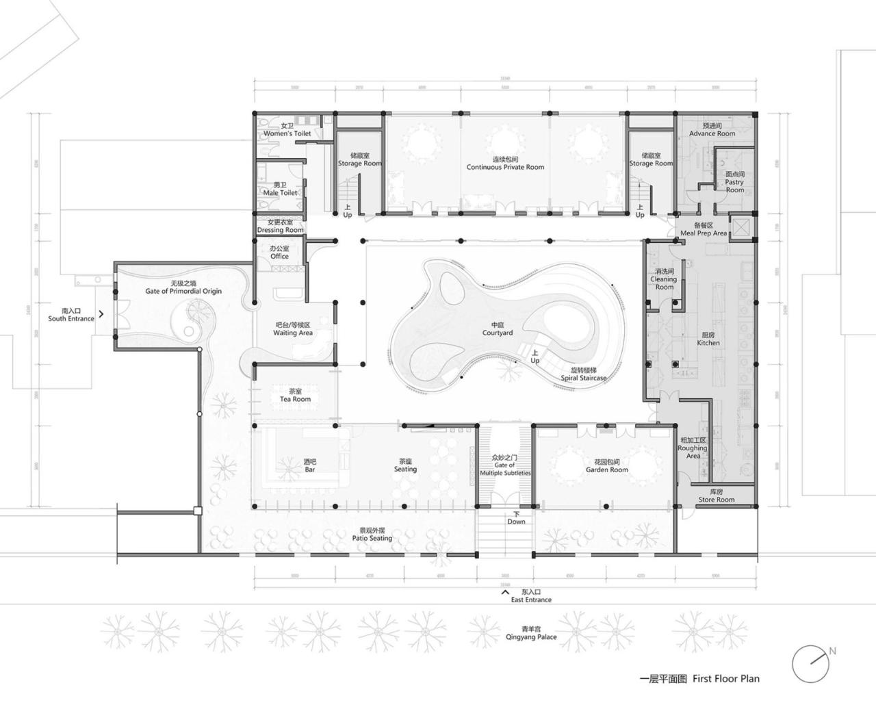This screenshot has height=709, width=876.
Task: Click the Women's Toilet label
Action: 287,130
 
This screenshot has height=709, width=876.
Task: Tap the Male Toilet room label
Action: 280,189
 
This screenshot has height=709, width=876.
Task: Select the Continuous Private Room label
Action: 505,164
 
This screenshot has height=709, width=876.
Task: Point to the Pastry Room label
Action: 734,182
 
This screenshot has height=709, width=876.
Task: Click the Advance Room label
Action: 712,130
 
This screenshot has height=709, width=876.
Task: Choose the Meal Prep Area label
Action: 703,229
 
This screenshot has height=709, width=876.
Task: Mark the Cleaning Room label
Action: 663,279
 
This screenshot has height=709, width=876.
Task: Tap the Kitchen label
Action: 708,339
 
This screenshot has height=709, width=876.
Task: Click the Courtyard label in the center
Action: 497,329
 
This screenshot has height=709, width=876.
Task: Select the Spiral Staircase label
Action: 583,374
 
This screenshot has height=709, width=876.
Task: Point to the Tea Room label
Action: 295,396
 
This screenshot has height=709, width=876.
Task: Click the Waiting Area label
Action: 293,329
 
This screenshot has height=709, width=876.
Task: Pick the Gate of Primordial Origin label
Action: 183,287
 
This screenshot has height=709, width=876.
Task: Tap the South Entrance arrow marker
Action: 101,314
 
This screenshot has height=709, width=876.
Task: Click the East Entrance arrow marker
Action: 505,593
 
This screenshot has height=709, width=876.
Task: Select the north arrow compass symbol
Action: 812,663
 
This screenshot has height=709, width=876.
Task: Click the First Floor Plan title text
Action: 699,679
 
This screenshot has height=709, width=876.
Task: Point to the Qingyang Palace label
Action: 531,633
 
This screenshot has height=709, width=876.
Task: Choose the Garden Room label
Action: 606,466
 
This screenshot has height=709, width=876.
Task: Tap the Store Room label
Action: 716,496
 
